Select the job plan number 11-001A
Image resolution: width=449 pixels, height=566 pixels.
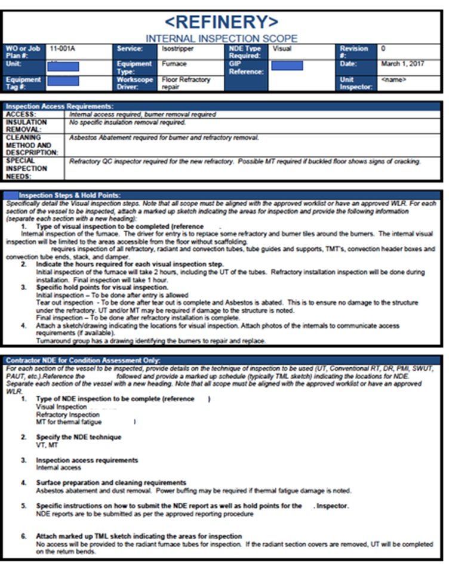[62, 48]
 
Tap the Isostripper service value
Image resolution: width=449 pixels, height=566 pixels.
[174, 48]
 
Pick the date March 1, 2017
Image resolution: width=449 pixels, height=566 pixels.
[402, 63]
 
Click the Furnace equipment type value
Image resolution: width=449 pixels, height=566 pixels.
[174, 63]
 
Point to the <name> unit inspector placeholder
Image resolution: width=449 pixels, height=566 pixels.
[393, 79]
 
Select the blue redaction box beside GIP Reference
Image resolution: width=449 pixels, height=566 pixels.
[287, 65]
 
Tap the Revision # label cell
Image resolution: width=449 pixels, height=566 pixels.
[353, 51]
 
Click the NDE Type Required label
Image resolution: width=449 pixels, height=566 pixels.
[245, 51]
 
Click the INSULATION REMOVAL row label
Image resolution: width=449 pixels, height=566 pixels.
[27, 125]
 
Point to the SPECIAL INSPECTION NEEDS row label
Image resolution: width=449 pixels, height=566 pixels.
[27, 168]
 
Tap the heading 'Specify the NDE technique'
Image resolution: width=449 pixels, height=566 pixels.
[78, 437]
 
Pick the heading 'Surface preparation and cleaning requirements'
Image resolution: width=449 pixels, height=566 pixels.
[111, 482]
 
